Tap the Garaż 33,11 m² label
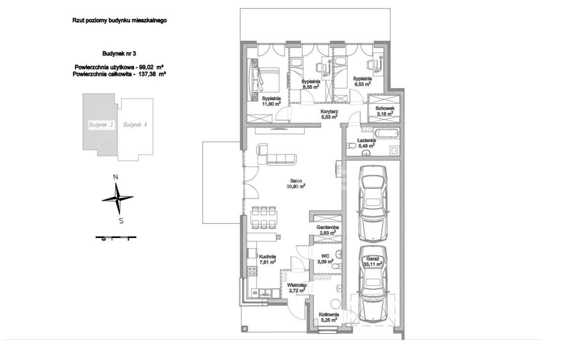coord(373,261)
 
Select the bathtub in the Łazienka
coord(386,134)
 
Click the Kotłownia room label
coord(329,315)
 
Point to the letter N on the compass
coord(116,177)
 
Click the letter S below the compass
coord(121,221)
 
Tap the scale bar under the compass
coord(116,237)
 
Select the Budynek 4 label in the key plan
coord(135,125)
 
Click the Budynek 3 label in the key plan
coord(101,125)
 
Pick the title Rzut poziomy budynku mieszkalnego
coord(119,20)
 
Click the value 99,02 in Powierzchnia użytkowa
coord(147,67)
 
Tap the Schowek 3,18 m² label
coord(385,111)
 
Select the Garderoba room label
coord(328,227)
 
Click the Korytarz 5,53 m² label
coord(329,114)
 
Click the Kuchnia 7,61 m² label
coord(267,259)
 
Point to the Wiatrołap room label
coord(297,285)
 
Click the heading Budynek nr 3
coord(119,54)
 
